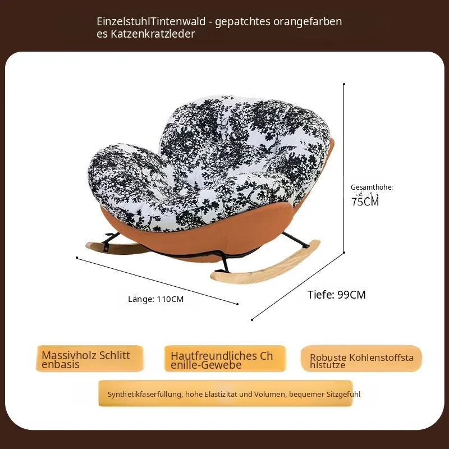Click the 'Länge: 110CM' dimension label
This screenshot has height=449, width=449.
tap(156, 299)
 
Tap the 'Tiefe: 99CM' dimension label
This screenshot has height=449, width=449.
tap(336, 295)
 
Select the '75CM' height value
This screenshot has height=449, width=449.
tap(365, 201)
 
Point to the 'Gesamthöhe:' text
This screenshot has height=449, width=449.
tap(372, 187)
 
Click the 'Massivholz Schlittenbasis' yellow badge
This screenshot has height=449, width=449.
tap(90, 359)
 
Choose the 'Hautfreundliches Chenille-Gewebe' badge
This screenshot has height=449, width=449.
tap(225, 359)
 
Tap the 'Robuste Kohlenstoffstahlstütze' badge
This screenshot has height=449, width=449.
tap(361, 359)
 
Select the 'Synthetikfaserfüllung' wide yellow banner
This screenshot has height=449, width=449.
tap(226, 393)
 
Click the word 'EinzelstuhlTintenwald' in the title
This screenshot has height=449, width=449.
tap(151, 21)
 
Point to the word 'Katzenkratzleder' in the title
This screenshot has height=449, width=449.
tap(153, 34)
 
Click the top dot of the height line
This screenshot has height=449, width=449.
tap(344, 84)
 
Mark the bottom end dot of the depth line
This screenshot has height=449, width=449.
tap(252, 320)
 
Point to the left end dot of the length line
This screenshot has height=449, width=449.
tap(77, 258)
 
